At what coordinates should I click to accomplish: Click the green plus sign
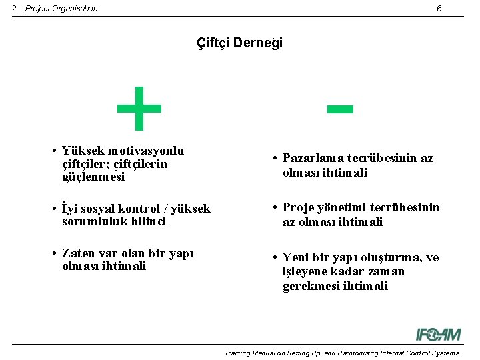coord(139,108)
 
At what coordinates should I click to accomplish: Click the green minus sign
coord(340,108)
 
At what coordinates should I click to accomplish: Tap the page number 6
coord(439,9)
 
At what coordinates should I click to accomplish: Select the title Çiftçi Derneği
coord(240,43)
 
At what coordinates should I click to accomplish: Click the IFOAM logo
coord(439,334)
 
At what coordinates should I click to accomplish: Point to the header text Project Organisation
coord(61,9)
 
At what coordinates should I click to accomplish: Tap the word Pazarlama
coord(314,158)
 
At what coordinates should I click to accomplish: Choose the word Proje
coord(298,207)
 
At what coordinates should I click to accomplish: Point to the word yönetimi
coord(341,207)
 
